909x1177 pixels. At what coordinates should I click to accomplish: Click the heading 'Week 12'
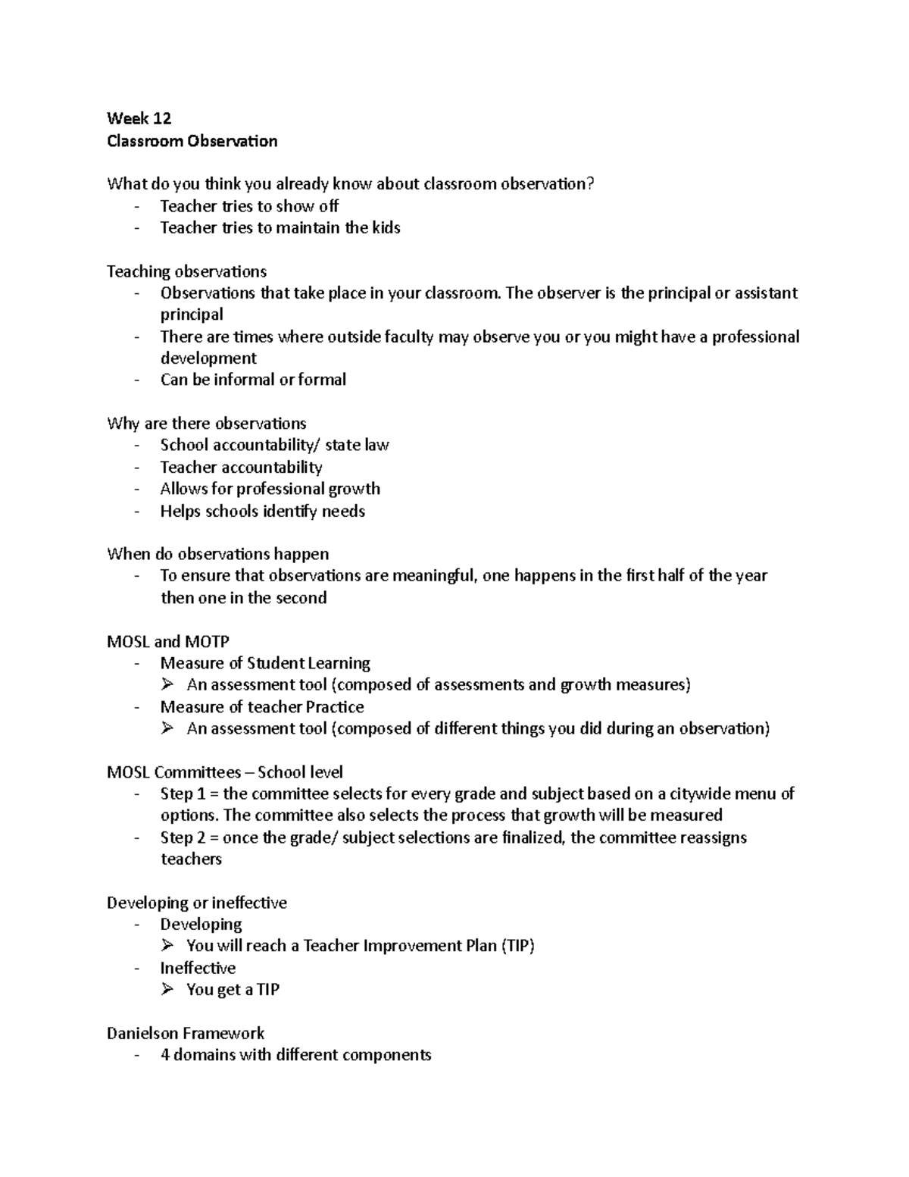(139, 118)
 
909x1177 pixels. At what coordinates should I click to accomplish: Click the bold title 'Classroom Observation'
(192, 141)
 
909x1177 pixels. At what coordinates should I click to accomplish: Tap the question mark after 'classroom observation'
(592, 184)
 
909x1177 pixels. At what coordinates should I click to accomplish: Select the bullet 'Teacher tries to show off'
(248, 206)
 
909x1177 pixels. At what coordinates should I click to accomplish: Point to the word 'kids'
(386, 227)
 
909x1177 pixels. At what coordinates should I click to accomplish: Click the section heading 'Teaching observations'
(186, 271)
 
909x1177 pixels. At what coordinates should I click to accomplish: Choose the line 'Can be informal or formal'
(253, 380)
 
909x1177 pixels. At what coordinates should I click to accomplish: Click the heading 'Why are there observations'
(206, 423)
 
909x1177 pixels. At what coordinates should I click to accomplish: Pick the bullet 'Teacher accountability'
(241, 467)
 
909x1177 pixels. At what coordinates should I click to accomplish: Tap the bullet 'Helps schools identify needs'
(262, 511)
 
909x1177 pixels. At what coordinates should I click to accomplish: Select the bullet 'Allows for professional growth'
(270, 489)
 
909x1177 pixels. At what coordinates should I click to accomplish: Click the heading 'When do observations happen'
(217, 554)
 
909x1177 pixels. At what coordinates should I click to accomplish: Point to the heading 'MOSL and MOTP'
(167, 642)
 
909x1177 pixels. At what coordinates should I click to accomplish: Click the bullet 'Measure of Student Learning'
(265, 663)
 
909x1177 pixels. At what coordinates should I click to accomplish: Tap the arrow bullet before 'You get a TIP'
(167, 989)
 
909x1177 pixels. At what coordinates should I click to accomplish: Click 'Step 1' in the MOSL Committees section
(181, 794)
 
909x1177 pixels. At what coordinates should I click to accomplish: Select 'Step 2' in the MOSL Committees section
(181, 837)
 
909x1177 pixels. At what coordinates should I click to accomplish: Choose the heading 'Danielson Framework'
(186, 1033)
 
